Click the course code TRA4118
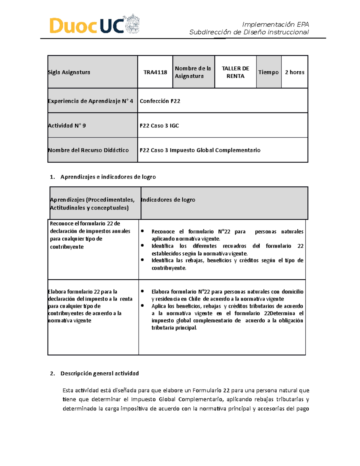(155, 72)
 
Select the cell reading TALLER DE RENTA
(235, 72)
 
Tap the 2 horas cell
(295, 72)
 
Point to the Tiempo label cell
(268, 72)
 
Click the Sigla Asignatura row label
(69, 72)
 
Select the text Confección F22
(160, 101)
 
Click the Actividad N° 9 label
(67, 126)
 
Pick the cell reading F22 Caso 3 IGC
(159, 126)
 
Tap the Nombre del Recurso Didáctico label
(88, 150)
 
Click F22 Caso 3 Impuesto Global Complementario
(200, 150)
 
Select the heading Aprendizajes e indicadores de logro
(108, 177)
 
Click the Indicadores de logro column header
(168, 200)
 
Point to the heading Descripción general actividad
(100, 374)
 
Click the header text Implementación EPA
(275, 25)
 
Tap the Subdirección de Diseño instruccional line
(249, 32)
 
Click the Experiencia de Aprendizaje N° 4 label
(90, 101)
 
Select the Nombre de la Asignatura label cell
(193, 72)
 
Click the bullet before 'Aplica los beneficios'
(142, 306)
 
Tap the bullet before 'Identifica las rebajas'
(142, 260)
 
